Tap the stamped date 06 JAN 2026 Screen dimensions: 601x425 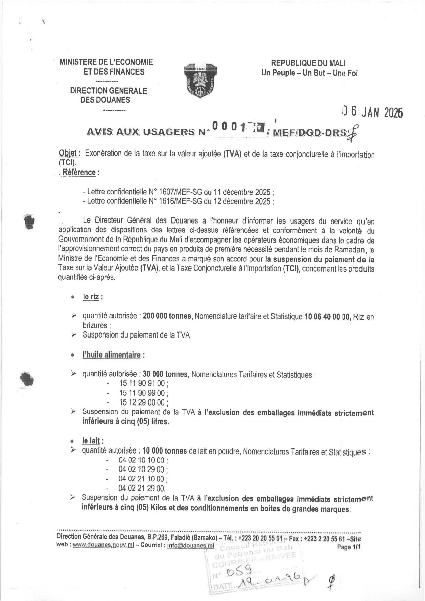[x=372, y=112]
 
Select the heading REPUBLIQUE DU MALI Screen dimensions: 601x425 [x=308, y=63]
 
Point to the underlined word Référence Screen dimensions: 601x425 [x=79, y=173]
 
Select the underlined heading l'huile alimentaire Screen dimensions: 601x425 [x=112, y=355]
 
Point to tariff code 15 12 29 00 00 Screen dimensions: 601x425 [x=142, y=402]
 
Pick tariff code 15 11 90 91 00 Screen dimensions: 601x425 [x=142, y=383]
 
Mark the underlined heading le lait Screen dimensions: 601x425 [x=91, y=441]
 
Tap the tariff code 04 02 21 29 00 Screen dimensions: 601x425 [x=142, y=488]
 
